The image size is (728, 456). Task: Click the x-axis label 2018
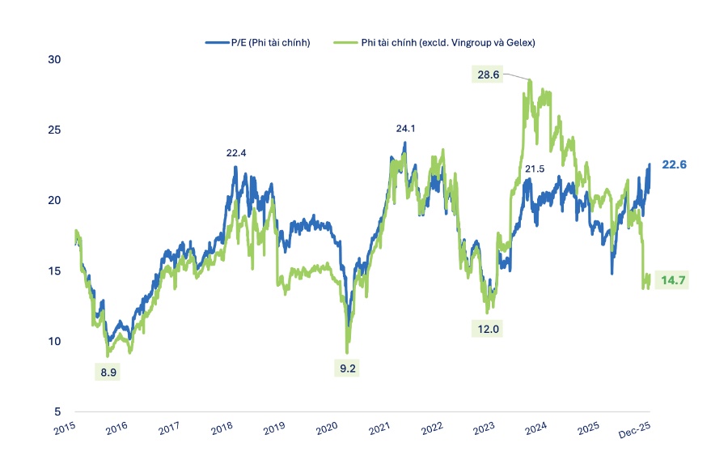coord(222,426)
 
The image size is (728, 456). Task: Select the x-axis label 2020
coord(327,426)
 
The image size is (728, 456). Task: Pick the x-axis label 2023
coord(485,426)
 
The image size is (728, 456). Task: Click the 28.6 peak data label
coord(488,75)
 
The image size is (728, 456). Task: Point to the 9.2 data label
coord(348,369)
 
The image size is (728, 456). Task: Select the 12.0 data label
coord(487,329)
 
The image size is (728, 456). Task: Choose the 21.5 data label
coord(535,168)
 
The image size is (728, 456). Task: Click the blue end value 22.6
coord(674,164)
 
